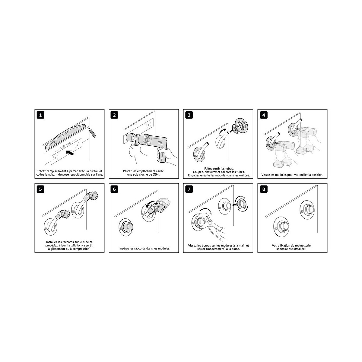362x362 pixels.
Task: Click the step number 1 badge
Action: tap(40, 115)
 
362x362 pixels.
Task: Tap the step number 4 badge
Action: tap(264, 115)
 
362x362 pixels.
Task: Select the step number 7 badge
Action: tap(189, 189)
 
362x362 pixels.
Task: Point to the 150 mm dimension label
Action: tap(65, 146)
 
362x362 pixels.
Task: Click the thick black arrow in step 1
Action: tap(70, 153)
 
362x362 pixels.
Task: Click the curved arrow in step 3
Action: tap(224, 130)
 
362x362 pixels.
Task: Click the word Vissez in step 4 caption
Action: tap(266, 175)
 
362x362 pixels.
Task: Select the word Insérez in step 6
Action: tap(124, 248)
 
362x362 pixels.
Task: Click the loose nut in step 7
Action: tap(241, 204)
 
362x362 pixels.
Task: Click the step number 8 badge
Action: tap(264, 189)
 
